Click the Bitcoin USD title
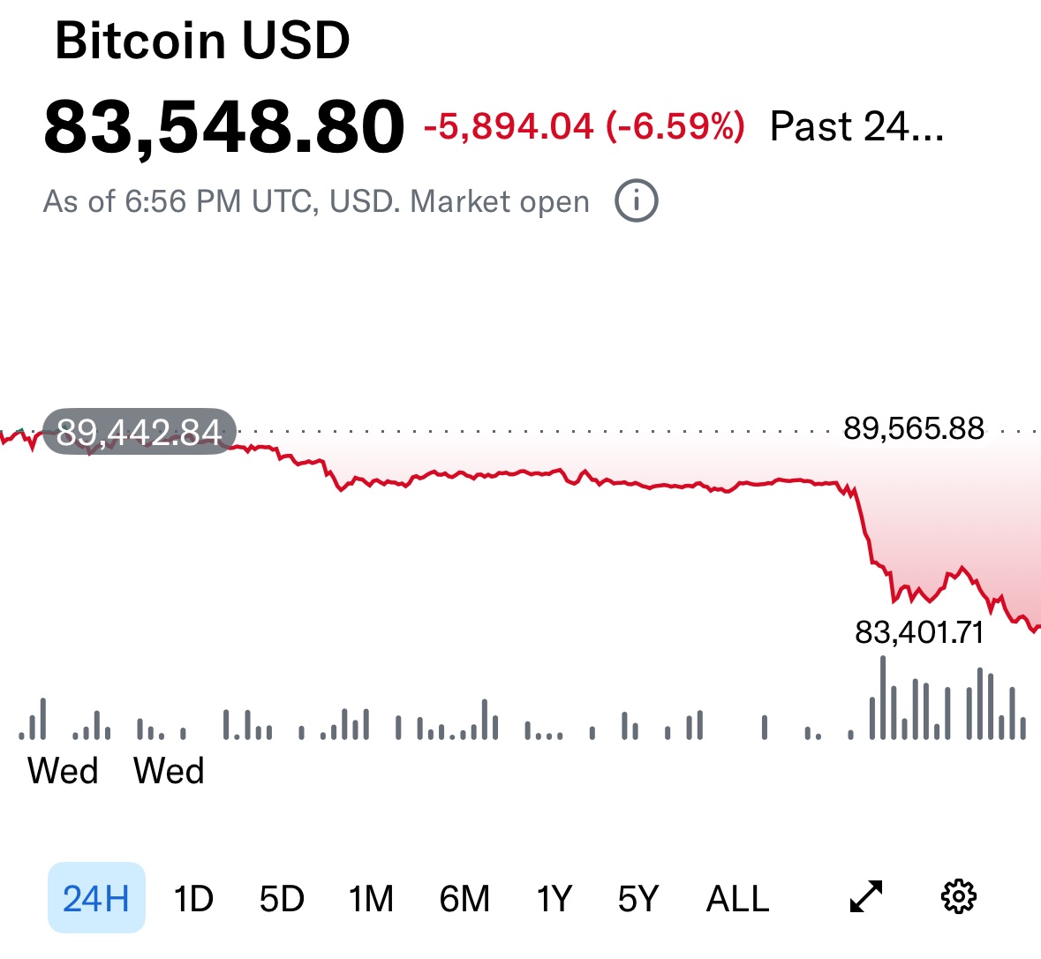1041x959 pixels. tap(202, 41)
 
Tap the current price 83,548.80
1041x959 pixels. tap(224, 126)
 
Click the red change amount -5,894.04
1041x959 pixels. tap(509, 127)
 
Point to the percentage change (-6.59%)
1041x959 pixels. tap(675, 127)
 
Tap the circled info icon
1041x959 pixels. tap(637, 201)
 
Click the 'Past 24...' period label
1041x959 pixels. tap(856, 127)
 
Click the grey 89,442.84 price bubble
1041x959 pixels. tap(140, 432)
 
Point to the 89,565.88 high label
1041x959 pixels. tap(913, 428)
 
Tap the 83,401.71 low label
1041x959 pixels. tap(919, 632)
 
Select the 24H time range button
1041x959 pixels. tap(96, 898)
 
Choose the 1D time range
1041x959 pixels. tap(193, 899)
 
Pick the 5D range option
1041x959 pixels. tap(282, 899)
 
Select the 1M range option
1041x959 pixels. tap(371, 899)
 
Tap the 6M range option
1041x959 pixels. tap(464, 899)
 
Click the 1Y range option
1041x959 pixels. tap(554, 899)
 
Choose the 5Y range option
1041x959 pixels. tap(638, 899)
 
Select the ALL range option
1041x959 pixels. tap(737, 899)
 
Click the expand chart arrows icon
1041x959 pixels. tap(866, 896)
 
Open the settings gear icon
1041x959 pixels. tap(959, 896)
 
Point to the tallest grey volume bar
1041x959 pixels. tap(883, 698)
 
